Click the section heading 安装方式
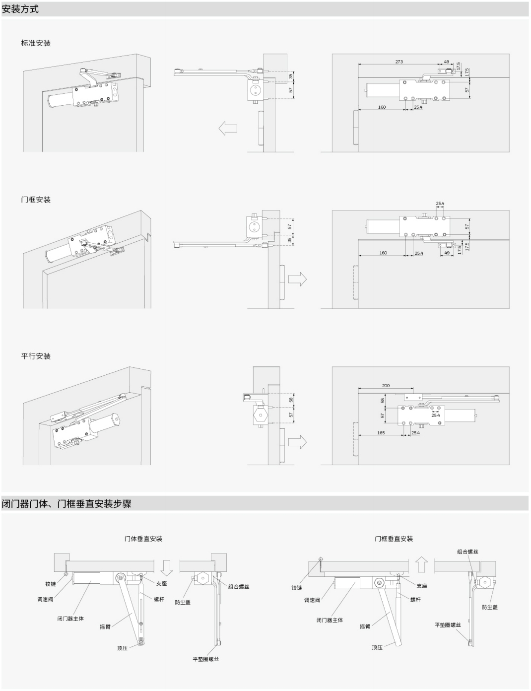pyautogui.click(x=20, y=9)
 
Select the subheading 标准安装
pyautogui.click(x=36, y=43)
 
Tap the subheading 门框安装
pyautogui.click(x=36, y=200)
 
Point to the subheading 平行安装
pyautogui.click(x=36, y=356)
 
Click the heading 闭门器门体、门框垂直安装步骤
pyautogui.click(x=66, y=504)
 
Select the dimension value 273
pyautogui.click(x=399, y=62)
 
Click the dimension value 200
pyautogui.click(x=386, y=385)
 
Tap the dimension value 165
pyautogui.click(x=381, y=433)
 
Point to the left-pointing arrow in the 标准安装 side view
pyautogui.click(x=228, y=128)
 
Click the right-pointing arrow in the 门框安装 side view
pyautogui.click(x=297, y=279)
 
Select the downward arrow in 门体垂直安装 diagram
pyautogui.click(x=167, y=568)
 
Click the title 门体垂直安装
pyautogui.click(x=143, y=539)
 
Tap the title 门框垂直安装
pyautogui.click(x=394, y=539)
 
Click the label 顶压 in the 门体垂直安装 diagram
pyautogui.click(x=122, y=648)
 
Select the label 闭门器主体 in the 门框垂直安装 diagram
pyautogui.click(x=330, y=620)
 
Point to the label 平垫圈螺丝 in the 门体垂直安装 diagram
pyautogui.click(x=205, y=659)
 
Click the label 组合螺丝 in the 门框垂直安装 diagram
pyautogui.click(x=467, y=552)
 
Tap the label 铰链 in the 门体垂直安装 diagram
pyautogui.click(x=51, y=584)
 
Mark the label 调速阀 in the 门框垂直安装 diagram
pyautogui.click(x=312, y=600)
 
